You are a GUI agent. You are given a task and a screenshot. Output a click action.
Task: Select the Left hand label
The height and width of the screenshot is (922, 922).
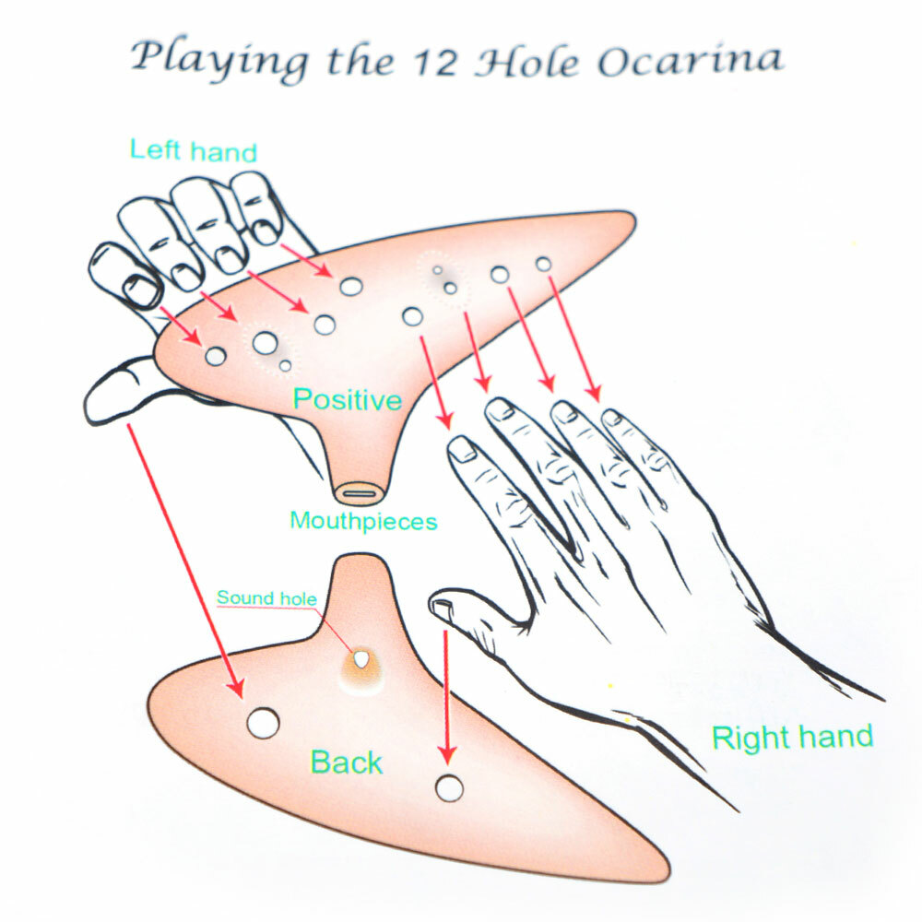pos(193,150)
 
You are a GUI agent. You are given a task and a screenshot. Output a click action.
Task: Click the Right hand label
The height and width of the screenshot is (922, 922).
pos(792,738)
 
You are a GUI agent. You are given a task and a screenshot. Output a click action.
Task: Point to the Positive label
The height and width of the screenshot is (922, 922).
pos(347,400)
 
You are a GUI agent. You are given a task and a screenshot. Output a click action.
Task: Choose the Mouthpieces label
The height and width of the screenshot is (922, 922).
pos(363,521)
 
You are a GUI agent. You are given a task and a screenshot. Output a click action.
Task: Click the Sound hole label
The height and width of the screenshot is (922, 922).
pos(266,598)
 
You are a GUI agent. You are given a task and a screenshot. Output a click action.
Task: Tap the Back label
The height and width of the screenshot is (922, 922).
pos(346,762)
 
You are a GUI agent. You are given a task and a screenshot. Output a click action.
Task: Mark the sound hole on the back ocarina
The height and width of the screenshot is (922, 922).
pos(362,660)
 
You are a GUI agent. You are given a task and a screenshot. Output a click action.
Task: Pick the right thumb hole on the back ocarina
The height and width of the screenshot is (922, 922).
pos(449,788)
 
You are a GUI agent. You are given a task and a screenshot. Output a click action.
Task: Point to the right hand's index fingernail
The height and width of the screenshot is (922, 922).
pos(461,450)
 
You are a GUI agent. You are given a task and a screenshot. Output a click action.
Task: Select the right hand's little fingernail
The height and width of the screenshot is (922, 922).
pos(611,418)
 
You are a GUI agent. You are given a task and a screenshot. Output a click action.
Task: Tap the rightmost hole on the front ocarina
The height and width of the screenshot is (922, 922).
pos(544,265)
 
